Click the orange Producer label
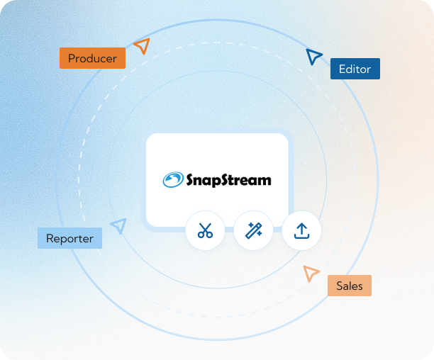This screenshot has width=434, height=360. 92,58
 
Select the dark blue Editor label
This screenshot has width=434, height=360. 355,69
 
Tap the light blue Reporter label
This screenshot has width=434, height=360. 69,238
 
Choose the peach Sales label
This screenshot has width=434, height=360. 349,286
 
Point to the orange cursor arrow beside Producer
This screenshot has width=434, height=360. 143,47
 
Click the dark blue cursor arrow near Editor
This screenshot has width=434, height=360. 313,57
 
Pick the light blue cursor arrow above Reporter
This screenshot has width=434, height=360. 119,225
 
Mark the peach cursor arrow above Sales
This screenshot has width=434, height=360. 310,273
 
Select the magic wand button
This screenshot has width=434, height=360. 253,230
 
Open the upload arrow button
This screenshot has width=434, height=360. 301,230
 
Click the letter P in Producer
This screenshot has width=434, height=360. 72,58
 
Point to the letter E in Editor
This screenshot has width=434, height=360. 343,69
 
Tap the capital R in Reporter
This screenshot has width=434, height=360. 50,238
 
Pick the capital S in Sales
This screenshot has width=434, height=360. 340,286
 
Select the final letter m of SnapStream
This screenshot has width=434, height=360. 264,181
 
